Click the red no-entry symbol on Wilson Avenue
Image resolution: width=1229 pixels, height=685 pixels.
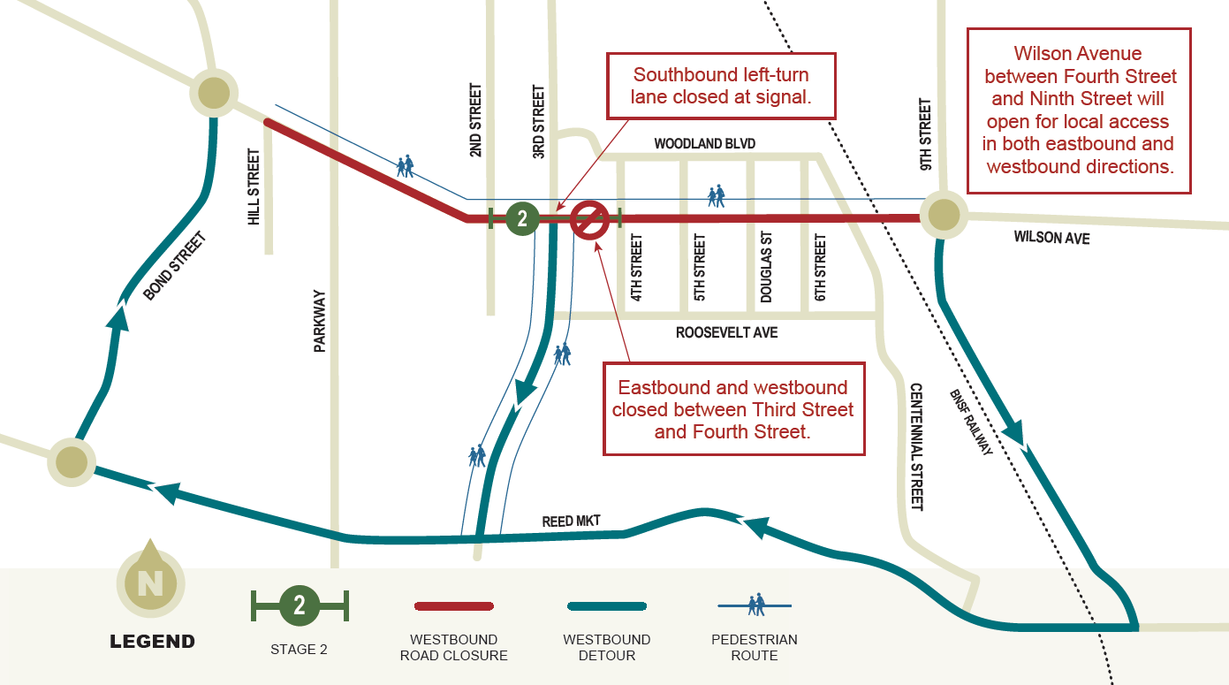pyautogui.click(x=589, y=219)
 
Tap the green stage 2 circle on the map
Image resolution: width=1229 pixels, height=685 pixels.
pyautogui.click(x=522, y=218)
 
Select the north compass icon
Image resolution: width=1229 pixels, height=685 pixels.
pyautogui.click(x=150, y=582)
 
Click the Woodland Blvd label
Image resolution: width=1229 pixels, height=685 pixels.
pyautogui.click(x=705, y=144)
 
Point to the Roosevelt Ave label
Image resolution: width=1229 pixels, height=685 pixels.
pyautogui.click(x=726, y=332)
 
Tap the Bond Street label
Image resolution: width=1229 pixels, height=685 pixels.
pyautogui.click(x=174, y=265)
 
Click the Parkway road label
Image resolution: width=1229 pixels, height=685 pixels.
pyautogui.click(x=320, y=322)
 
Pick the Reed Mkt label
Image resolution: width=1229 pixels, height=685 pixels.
pyautogui.click(x=571, y=521)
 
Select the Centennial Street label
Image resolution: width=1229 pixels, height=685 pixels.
pyautogui.click(x=916, y=446)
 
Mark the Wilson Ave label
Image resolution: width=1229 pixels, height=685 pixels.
pyautogui.click(x=1051, y=238)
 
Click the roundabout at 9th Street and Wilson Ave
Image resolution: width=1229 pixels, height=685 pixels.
pyautogui.click(x=944, y=215)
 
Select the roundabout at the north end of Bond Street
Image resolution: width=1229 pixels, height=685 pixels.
pyautogui.click(x=214, y=92)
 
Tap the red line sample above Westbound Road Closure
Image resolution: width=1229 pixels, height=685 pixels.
pyautogui.click(x=454, y=606)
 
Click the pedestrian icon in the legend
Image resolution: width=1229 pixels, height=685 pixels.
pyautogui.click(x=755, y=605)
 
